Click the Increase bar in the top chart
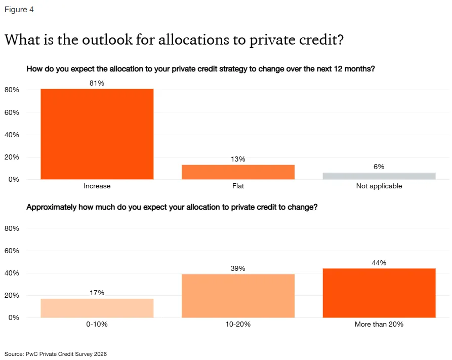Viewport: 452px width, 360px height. point(97,134)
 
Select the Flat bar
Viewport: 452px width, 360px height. point(238,172)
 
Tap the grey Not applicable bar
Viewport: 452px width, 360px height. point(379,176)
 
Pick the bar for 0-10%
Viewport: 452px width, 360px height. point(97,308)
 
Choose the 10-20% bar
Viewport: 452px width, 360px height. point(238,296)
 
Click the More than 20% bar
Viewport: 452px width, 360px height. point(379,293)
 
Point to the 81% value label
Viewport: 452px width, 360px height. point(97,83)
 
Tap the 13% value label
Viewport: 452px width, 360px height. point(238,159)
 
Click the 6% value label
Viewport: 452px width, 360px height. point(379,167)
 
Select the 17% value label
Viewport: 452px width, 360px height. point(97,293)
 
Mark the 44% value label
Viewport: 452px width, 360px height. point(379,263)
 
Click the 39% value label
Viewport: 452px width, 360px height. point(238,268)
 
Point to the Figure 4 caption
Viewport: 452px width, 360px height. point(19,10)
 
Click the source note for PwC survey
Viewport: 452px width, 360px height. point(56,354)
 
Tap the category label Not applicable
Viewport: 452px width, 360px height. point(379,186)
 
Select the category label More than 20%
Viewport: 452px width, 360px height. point(379,324)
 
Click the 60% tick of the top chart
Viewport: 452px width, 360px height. point(12,112)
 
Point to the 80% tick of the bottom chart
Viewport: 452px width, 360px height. point(12,228)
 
